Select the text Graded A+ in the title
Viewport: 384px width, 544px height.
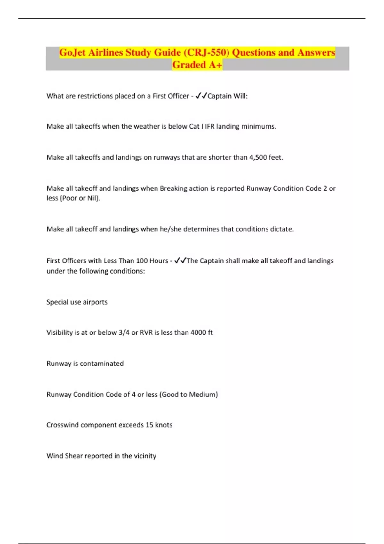point(197,65)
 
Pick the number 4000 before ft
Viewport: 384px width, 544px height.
point(198,332)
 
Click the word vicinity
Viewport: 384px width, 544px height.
point(145,456)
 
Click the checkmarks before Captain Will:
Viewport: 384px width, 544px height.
point(201,96)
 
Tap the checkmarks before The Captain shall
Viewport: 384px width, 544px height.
point(180,261)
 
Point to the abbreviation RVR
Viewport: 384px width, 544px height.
point(146,332)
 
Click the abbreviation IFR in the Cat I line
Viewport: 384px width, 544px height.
point(210,126)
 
